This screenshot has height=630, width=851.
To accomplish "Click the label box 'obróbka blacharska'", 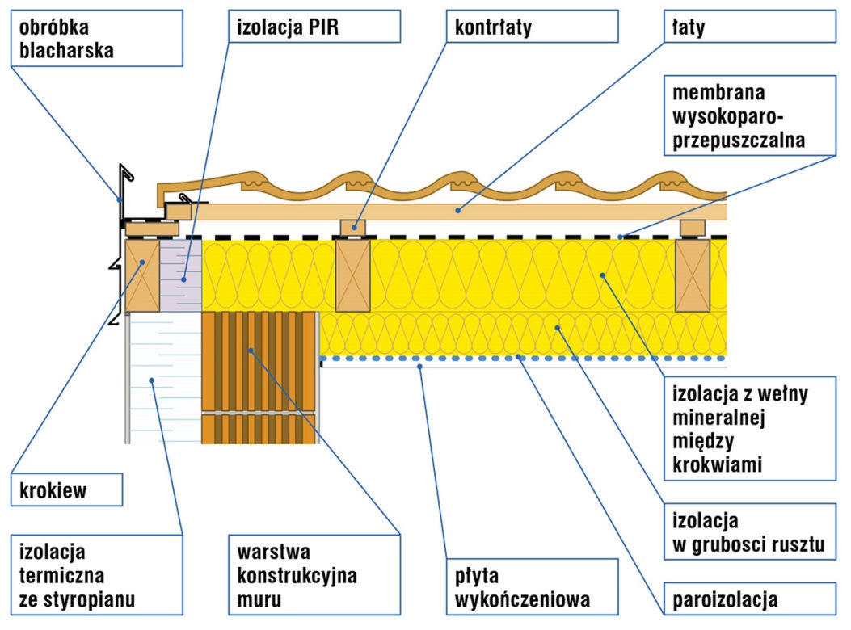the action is pyautogui.click(x=97, y=38).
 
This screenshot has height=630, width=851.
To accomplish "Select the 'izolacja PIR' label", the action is pyautogui.click(x=314, y=26).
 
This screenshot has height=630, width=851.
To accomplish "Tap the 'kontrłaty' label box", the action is pyautogui.click(x=532, y=26).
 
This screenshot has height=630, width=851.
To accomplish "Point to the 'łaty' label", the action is pyautogui.click(x=750, y=26).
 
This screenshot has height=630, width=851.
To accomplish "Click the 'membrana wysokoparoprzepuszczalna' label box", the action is pyautogui.click(x=750, y=115).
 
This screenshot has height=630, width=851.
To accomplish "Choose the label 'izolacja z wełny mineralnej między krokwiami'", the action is pyautogui.click(x=750, y=429).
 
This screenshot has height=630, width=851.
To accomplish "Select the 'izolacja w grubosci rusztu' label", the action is pyautogui.click(x=750, y=531).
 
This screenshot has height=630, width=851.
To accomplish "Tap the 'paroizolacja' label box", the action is pyautogui.click(x=750, y=599).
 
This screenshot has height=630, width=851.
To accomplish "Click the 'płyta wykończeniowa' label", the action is pyautogui.click(x=532, y=586).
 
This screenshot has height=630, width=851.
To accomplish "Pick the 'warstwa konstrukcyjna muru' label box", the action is pyautogui.click(x=314, y=575).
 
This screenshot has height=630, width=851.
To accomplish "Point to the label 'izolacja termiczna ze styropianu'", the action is pyautogui.click(x=97, y=575).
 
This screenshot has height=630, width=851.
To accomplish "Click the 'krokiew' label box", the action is pyautogui.click(x=67, y=489).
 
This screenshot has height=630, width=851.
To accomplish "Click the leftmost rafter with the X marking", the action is pyautogui.click(x=142, y=275).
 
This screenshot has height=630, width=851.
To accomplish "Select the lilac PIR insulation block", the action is pyautogui.click(x=181, y=275).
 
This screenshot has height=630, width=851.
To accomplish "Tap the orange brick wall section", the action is pyautogui.click(x=259, y=378).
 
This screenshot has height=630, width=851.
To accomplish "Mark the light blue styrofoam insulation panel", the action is pyautogui.click(x=165, y=378).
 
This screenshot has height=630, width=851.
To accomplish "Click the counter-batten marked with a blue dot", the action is pyautogui.click(x=353, y=227).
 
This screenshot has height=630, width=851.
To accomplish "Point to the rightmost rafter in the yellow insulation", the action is pyautogui.click(x=693, y=275).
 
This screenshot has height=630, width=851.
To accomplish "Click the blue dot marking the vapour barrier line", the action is pyautogui.click(x=518, y=357).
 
